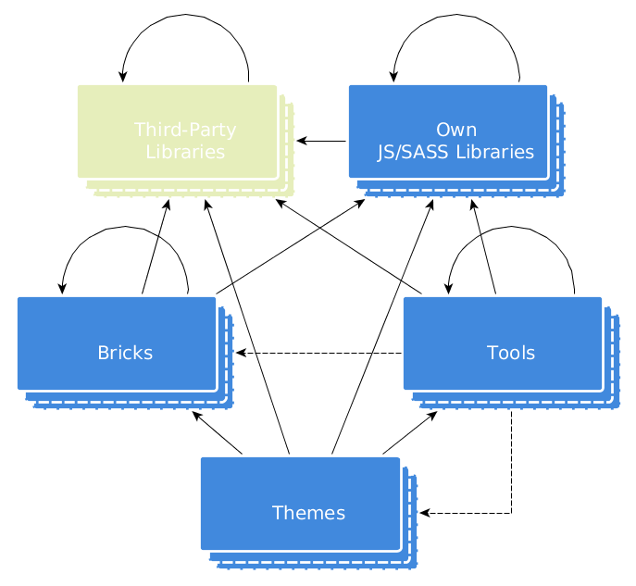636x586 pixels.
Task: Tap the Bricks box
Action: point(117,343)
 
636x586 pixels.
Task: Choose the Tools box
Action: point(503,343)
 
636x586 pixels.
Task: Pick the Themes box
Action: point(300,504)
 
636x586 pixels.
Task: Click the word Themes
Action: point(308,513)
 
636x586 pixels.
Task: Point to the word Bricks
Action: point(125,353)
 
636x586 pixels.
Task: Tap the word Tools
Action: point(511,353)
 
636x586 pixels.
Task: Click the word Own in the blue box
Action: point(456,129)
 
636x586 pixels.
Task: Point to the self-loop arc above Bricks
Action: point(125,227)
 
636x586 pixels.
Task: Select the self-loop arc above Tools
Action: point(512,227)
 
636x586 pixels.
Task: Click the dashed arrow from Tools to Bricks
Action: point(319,353)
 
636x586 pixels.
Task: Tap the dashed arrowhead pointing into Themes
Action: point(425,513)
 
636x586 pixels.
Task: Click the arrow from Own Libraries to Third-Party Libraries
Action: point(321,141)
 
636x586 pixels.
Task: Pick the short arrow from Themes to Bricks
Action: point(217,432)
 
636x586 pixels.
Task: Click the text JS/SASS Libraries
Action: point(455,152)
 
